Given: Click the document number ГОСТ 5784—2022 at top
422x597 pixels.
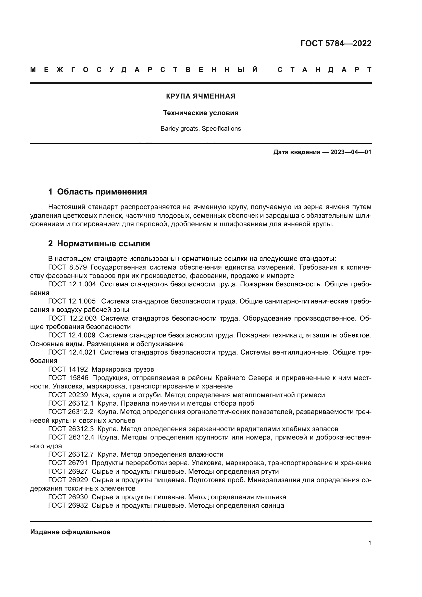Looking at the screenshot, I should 336,43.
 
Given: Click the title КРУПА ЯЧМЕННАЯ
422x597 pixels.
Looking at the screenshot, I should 201,96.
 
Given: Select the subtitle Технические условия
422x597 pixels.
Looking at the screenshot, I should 201,113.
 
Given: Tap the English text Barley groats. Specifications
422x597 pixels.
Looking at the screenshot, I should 201,129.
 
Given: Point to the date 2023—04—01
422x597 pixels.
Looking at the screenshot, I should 351,152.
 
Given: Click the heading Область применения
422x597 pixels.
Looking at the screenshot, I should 102,192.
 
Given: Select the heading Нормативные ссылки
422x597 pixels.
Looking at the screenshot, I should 103,244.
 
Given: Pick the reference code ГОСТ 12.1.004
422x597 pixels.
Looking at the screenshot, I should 72,284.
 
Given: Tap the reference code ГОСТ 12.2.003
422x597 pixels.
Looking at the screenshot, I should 72,318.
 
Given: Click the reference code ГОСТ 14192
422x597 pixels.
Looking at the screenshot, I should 68,370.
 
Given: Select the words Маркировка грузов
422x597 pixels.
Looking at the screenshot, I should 123,370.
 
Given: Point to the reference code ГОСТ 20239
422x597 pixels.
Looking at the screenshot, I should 68,395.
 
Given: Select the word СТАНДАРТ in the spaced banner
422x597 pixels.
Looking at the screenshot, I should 324,70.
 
